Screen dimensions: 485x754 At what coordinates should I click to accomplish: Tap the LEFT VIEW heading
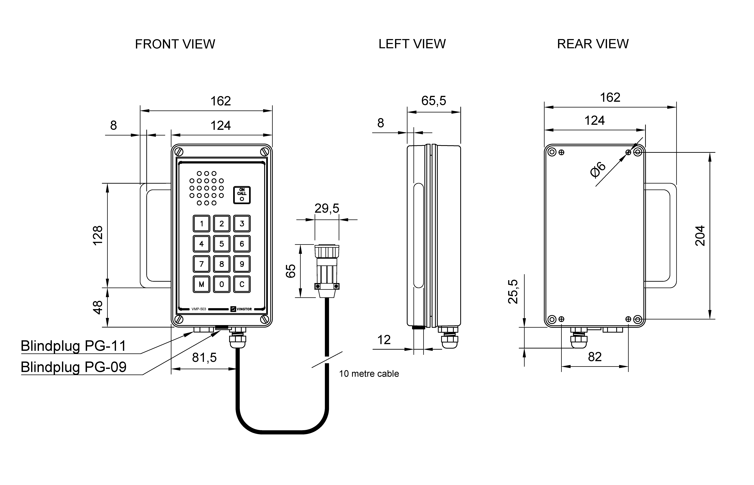(x=412, y=44)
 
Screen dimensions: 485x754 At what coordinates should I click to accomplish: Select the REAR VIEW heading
(x=593, y=44)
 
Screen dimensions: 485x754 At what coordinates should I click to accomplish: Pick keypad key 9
(x=242, y=264)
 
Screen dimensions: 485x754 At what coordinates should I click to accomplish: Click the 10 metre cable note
(x=369, y=374)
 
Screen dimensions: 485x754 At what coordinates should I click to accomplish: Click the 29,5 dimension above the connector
(x=327, y=209)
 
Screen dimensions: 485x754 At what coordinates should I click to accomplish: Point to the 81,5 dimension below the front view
(x=204, y=357)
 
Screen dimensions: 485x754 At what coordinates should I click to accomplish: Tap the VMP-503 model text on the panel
(x=199, y=309)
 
